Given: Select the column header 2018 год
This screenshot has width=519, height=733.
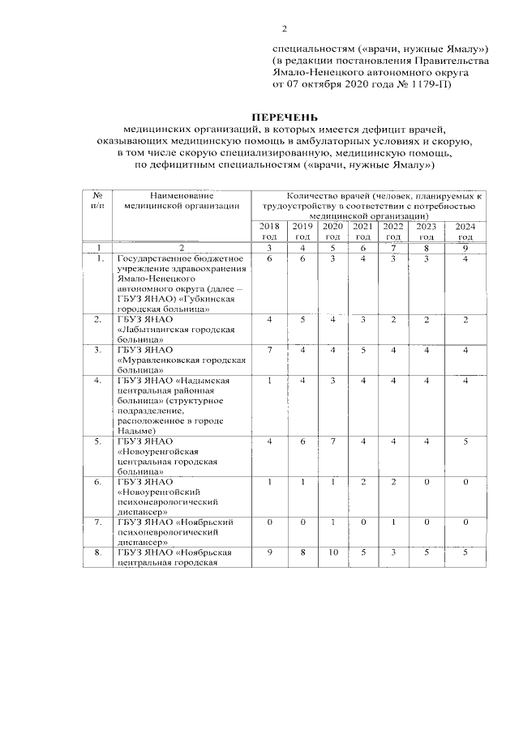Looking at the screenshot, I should click(268, 231).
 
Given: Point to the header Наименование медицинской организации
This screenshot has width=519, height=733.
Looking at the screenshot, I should click(182, 201).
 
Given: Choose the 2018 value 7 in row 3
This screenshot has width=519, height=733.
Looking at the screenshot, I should click(268, 350).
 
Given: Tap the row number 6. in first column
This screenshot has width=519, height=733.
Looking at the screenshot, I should click(98, 482).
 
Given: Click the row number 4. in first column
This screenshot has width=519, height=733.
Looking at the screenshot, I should click(98, 381).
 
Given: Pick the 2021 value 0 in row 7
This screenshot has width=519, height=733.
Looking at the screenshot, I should click(363, 522).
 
